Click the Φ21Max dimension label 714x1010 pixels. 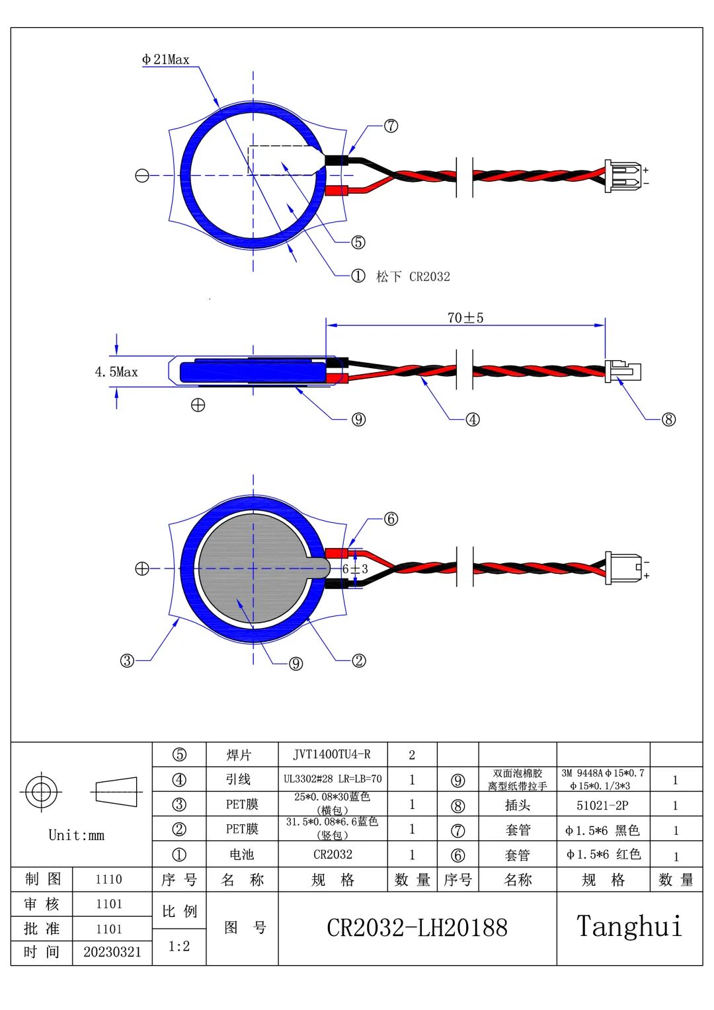pyautogui.click(x=165, y=59)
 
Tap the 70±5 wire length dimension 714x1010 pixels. pyautogui.click(x=465, y=318)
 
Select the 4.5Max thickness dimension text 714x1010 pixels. pyautogui.click(x=116, y=372)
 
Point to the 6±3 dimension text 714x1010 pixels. pyautogui.click(x=355, y=569)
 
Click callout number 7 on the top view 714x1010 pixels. pyautogui.click(x=391, y=126)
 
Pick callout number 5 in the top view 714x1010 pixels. pyautogui.click(x=358, y=242)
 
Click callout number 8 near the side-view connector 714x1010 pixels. pyautogui.click(x=668, y=419)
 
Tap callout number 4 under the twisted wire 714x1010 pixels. pyautogui.click(x=472, y=419)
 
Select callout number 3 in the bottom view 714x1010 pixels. pyautogui.click(x=127, y=660)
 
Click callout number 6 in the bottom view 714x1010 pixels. pyautogui.click(x=391, y=519)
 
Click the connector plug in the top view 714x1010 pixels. pyautogui.click(x=623, y=176)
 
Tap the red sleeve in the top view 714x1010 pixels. pyautogui.click(x=337, y=190)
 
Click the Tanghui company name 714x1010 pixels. pyautogui.click(x=629, y=927)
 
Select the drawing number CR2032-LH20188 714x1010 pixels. pyautogui.click(x=417, y=928)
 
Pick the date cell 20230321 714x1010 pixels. pyautogui.click(x=112, y=952)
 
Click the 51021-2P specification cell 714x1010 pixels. pyautogui.click(x=602, y=805)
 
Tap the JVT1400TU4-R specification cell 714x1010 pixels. pyautogui.click(x=332, y=754)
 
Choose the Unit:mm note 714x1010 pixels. pyautogui.click(x=76, y=835)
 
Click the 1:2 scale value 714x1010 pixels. pyautogui.click(x=179, y=946)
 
